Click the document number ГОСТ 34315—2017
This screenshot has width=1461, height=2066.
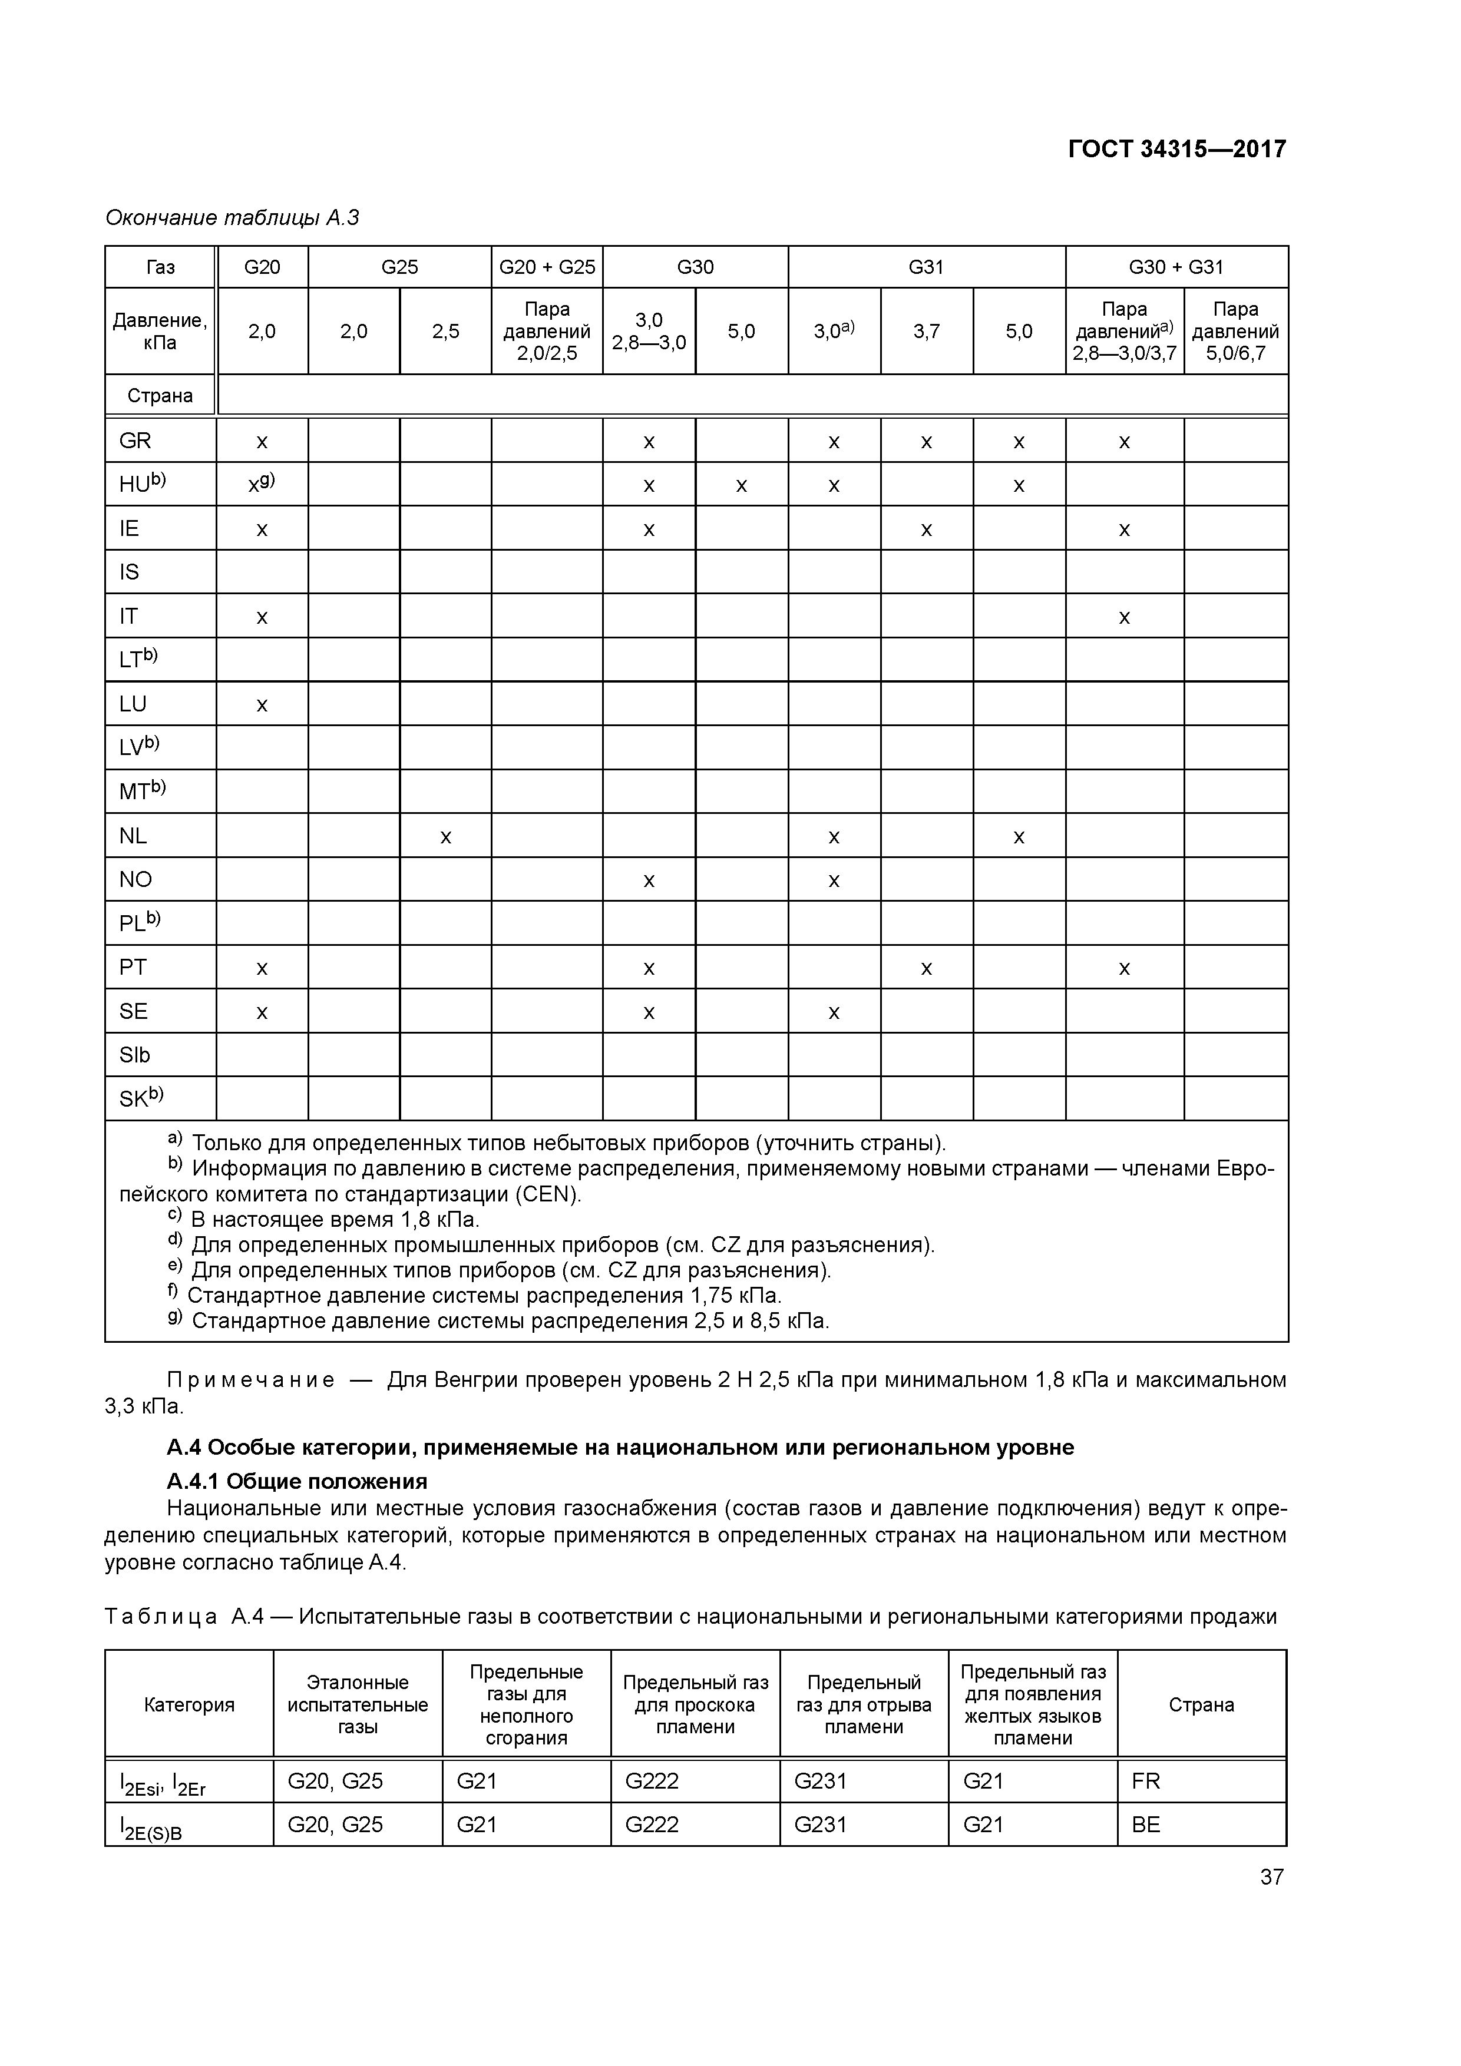coord(1176,150)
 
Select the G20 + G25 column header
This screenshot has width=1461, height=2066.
coord(547,267)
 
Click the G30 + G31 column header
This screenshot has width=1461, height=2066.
coord(1176,267)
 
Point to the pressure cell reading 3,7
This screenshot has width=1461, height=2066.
coord(926,331)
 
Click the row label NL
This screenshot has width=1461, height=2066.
coord(133,836)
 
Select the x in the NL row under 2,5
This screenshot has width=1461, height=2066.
coord(445,837)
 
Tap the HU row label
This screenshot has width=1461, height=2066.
coord(142,484)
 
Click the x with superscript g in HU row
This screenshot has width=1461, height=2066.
coord(262,484)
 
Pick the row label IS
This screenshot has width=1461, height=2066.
coord(130,572)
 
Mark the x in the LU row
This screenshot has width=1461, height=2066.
coord(262,704)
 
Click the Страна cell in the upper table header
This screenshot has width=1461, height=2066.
coord(160,396)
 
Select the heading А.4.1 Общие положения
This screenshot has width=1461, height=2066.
coord(296,1481)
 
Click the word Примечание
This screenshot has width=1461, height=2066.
coord(250,1380)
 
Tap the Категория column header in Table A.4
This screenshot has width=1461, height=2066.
coord(189,1704)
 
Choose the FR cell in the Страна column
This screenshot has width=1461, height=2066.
coord(1146,1781)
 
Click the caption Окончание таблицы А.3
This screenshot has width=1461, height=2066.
coord(232,218)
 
